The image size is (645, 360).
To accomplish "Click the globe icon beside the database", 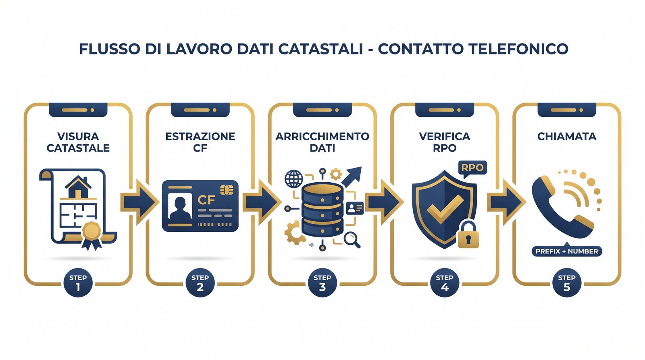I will (x=294, y=179).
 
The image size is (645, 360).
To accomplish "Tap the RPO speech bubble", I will (x=472, y=167).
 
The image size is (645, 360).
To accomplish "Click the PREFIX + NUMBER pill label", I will (x=566, y=251).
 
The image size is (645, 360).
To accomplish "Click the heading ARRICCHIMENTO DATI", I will (x=322, y=142).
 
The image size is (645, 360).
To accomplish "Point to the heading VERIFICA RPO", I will (x=444, y=142).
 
